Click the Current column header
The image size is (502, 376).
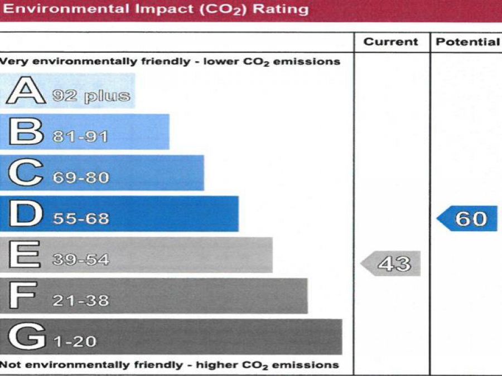click(390, 42)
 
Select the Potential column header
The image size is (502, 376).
click(467, 42)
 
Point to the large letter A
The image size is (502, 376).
click(26, 91)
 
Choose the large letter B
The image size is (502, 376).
click(26, 132)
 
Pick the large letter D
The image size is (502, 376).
click(26, 214)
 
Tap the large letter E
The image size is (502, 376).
click(25, 255)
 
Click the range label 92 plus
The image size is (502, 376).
click(91, 96)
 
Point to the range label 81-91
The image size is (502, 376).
click(80, 137)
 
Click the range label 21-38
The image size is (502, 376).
click(81, 301)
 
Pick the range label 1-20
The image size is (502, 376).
click(76, 341)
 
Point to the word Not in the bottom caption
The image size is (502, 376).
click(8, 365)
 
